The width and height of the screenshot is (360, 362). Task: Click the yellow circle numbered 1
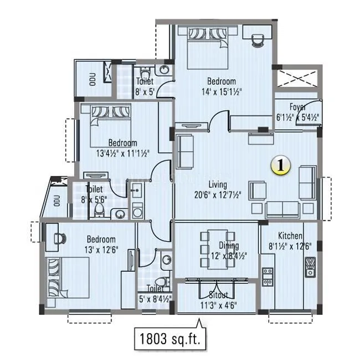[x=281, y=165]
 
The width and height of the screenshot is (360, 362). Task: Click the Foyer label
[x=299, y=107]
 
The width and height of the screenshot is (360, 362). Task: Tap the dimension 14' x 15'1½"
[x=222, y=91]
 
